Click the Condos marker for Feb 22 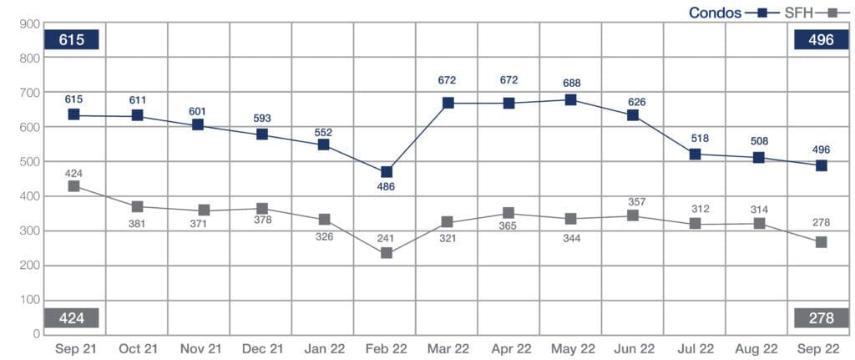(x=387, y=172)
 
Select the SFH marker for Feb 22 (x=387, y=252)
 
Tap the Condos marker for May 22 (x=571, y=100)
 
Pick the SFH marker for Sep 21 (x=74, y=186)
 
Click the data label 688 (x=571, y=83)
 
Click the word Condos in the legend (x=716, y=13)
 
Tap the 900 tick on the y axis (x=31, y=24)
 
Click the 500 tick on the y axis (x=31, y=162)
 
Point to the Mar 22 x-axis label (x=448, y=347)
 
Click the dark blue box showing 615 (x=73, y=40)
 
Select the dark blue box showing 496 (x=821, y=40)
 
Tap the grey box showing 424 (x=73, y=318)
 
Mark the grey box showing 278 (x=821, y=318)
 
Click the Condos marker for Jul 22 (x=695, y=155)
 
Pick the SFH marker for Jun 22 (x=633, y=215)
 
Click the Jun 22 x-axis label (x=633, y=347)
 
